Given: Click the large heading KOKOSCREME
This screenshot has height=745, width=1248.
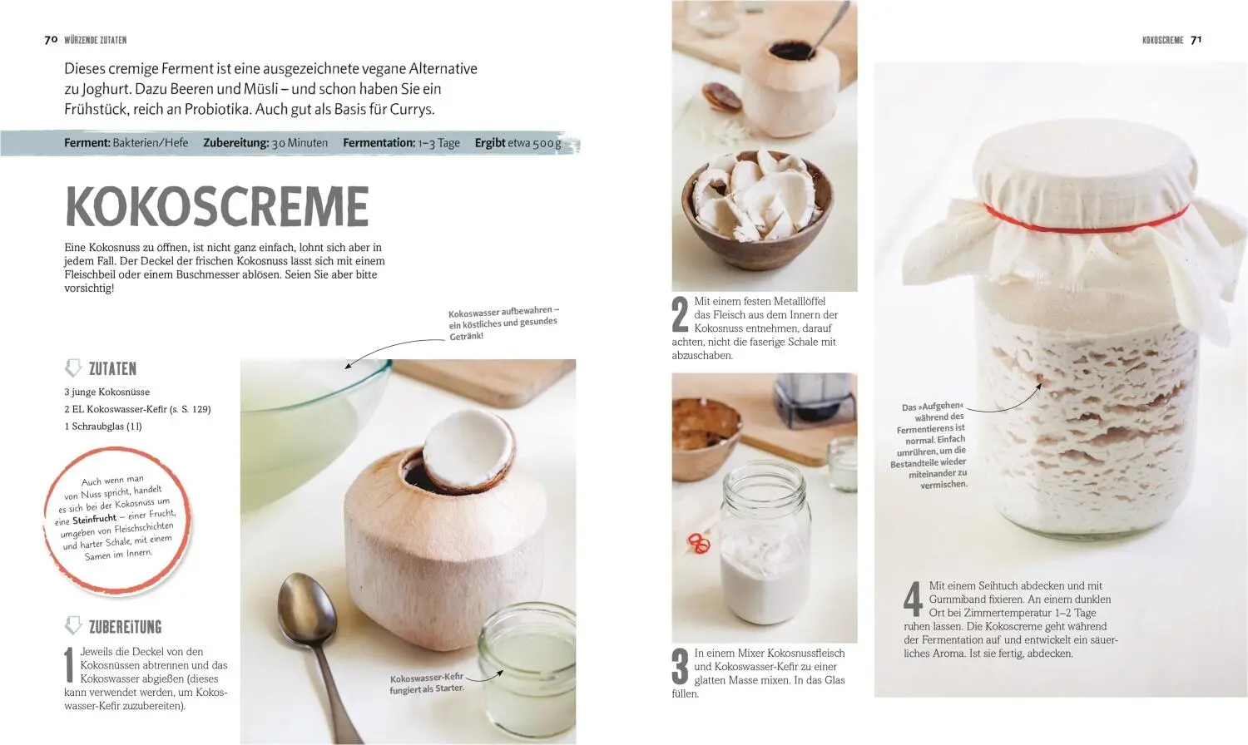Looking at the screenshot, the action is tap(216, 206).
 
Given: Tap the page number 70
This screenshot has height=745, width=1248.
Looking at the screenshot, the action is tap(51, 40).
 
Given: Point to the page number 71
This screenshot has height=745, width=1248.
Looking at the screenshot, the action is tap(1196, 40).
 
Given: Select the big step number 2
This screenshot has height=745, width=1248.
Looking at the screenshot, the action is tap(681, 314).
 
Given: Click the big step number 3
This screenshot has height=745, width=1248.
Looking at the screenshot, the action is tap(681, 666).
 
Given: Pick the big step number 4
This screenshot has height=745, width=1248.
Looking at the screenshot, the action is tap(913, 599).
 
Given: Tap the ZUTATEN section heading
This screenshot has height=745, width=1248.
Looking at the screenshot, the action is tap(112, 368).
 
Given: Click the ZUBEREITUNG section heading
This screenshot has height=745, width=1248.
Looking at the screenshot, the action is tap(126, 627).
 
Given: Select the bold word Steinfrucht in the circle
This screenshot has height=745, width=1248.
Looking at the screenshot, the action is tap(94, 519).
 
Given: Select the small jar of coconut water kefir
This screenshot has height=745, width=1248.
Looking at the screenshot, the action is tap(527, 672).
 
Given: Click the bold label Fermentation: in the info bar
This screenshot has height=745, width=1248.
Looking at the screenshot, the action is tap(379, 143).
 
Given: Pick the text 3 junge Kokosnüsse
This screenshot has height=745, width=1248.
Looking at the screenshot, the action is tap(107, 392).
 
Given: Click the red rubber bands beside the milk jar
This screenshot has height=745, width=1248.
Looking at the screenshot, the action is tap(699, 544).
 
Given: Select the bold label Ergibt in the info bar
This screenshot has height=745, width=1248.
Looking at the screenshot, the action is tap(490, 143).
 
